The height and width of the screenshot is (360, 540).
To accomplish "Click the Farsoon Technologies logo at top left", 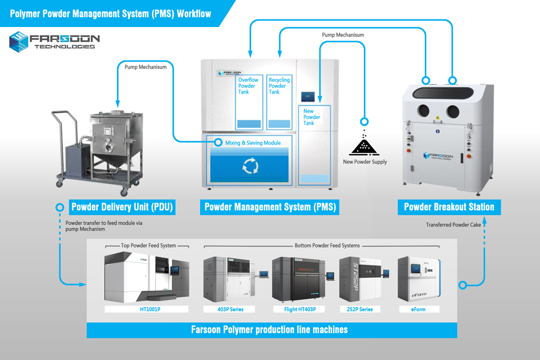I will pos(54,41).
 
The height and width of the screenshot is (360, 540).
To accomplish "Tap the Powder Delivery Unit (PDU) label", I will pos(121,207).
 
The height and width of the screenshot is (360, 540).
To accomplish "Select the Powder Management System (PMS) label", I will pos(270,207).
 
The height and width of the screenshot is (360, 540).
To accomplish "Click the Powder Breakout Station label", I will pos(449,207).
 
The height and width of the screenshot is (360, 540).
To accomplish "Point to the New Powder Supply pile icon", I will pos(364,146).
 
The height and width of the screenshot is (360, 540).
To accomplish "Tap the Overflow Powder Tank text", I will pos(248,86).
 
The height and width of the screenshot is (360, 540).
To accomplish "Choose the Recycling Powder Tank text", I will pos(279,86).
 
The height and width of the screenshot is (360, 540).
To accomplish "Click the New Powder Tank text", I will pos(311,117).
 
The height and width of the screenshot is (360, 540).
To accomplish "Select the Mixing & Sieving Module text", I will pos(253,143).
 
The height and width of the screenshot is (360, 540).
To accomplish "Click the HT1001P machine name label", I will pos(146,309).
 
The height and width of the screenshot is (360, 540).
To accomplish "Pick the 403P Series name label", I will pos(229,309).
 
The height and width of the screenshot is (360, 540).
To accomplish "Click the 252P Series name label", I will pos(360,309).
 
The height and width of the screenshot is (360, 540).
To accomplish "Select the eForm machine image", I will pos(418,279).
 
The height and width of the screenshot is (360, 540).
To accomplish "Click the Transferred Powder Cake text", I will pos(454,225).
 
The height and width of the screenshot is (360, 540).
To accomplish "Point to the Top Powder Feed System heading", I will pos(148,246).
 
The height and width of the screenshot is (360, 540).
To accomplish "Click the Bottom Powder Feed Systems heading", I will pos(321,246).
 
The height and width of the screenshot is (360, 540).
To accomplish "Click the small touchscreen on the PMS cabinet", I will pos(308,96).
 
